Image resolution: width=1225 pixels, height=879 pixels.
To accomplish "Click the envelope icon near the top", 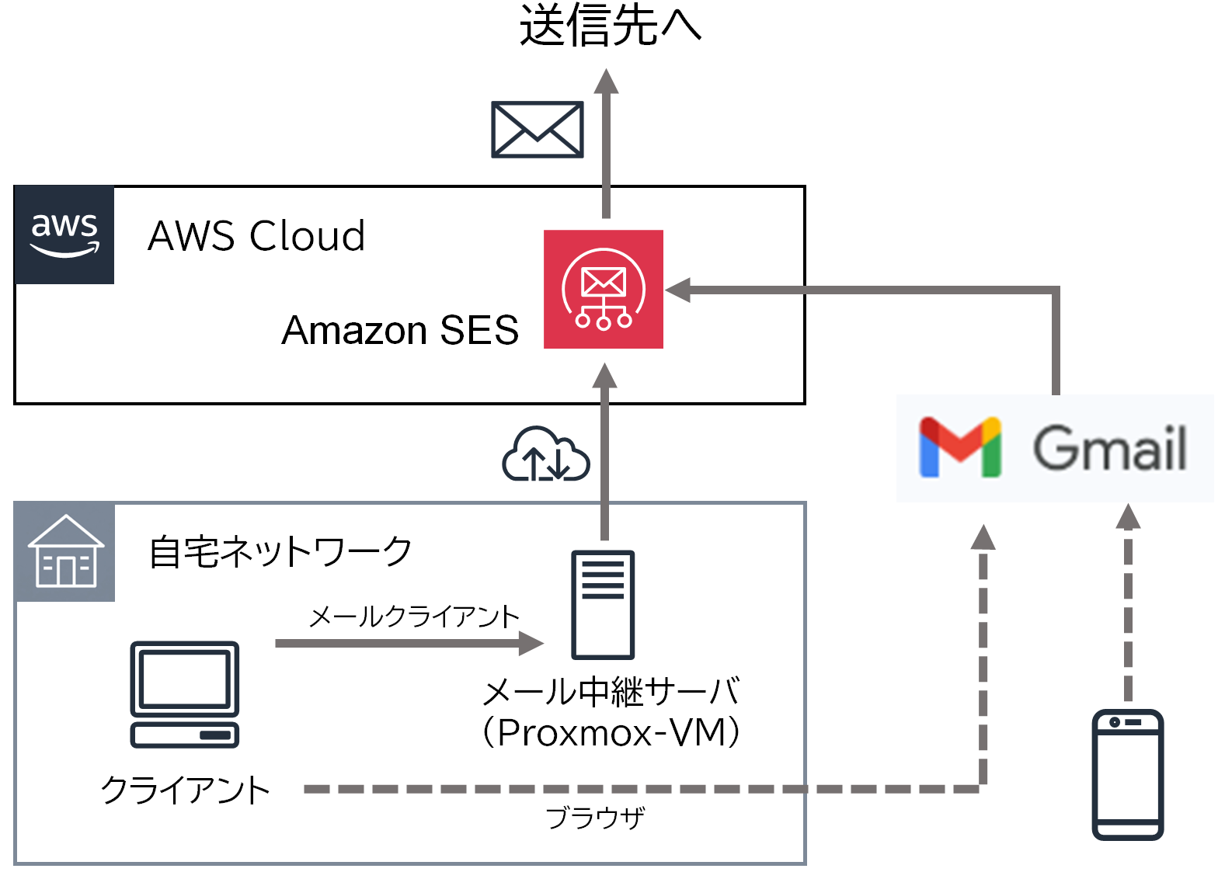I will tap(537, 130).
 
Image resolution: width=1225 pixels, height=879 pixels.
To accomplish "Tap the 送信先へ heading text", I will tap(610, 25).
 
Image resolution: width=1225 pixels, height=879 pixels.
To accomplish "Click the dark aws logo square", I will tap(64, 235).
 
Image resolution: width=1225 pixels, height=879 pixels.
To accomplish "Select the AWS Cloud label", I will tap(256, 236).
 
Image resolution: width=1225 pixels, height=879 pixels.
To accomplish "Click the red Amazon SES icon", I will tap(603, 290).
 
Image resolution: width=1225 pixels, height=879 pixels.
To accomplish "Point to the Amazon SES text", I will tap(399, 331).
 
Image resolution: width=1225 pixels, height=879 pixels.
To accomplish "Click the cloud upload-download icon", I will tap(546, 456).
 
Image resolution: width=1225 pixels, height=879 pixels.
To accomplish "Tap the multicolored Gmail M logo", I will tap(960, 447).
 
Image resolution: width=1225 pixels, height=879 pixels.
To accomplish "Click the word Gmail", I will tap(1109, 448).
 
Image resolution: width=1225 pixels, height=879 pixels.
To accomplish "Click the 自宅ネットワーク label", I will tap(280, 552).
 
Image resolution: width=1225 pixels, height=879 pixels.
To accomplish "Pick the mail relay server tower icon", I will tap(603, 604).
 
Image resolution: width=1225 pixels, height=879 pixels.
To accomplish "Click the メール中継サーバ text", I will tap(611, 691).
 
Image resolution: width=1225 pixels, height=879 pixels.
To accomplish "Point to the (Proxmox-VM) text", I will tap(611, 732).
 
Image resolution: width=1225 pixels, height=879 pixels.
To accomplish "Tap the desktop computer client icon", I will tap(185, 693).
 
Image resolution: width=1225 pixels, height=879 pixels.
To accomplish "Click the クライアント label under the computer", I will tap(185, 790).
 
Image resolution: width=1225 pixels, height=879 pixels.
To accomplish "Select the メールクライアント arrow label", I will tap(413, 617).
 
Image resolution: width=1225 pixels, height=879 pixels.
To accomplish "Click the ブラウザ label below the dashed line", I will tap(595, 818).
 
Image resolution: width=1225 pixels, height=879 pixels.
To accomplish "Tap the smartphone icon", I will tap(1127, 774).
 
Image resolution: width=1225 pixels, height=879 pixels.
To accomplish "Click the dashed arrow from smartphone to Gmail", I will tap(1128, 606).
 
